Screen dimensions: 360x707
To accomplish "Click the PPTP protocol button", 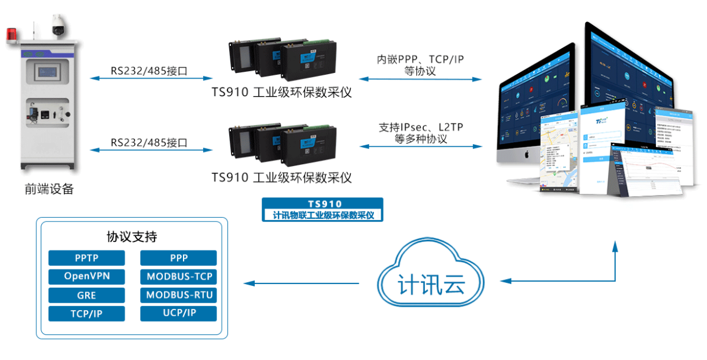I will click(86, 258).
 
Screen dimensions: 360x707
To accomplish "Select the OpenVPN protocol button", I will click(86, 277).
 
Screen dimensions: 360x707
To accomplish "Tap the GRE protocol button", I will click(86, 296).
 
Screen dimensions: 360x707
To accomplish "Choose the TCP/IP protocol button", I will click(86, 314).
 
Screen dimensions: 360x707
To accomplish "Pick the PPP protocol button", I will click(179, 258).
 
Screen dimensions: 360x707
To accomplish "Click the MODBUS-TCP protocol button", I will click(179, 277).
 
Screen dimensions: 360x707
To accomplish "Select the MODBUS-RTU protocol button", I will click(179, 296).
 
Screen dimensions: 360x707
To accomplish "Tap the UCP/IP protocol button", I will click(179, 314).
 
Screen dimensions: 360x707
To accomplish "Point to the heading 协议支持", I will click(132, 237).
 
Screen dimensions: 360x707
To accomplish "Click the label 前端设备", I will click(49, 189).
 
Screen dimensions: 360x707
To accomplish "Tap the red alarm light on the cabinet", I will click(12, 35).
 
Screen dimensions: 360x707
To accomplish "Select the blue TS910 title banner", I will click(322, 209).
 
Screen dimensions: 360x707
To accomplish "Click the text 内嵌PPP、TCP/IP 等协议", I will click(420, 65).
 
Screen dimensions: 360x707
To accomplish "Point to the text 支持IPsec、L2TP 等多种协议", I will click(420, 133).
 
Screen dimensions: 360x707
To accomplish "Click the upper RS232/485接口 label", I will click(149, 71).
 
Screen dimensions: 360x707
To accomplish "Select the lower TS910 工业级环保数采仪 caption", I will click(282, 178).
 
